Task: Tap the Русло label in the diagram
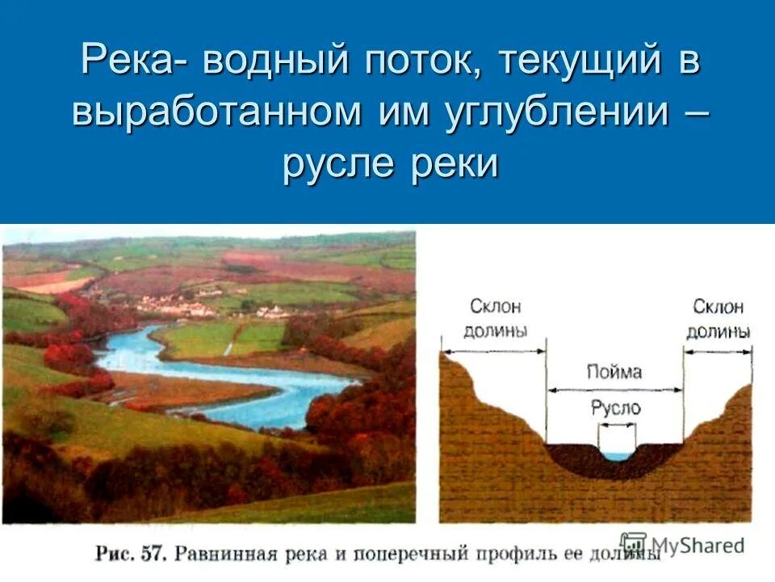click(615, 407)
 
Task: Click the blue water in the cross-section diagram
click(617, 456)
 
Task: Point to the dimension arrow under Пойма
click(615, 390)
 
